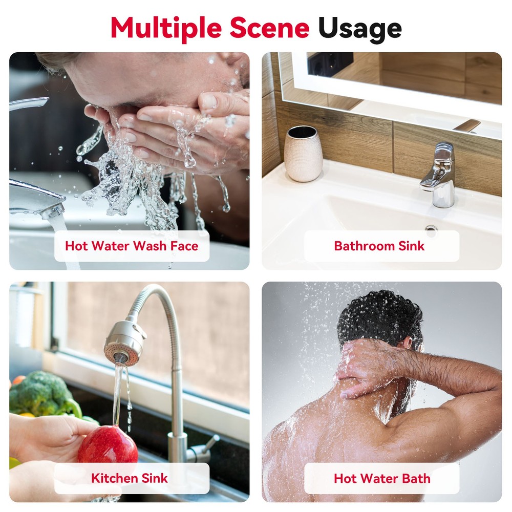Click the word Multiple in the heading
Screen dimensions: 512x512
pyautogui.click(x=166, y=29)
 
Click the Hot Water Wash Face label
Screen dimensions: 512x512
pyautogui.click(x=132, y=246)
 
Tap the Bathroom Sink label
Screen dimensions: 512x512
pyautogui.click(x=379, y=246)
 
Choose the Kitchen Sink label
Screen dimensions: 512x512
pyautogui.click(x=130, y=478)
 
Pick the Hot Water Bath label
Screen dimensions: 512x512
pyautogui.click(x=382, y=478)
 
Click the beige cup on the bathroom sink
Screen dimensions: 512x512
pyautogui.click(x=303, y=154)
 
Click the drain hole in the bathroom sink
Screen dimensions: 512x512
pyautogui.click(x=431, y=228)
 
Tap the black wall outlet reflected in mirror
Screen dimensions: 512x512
pyautogui.click(x=330, y=64)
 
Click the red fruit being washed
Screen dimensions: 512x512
pyautogui.click(x=108, y=445)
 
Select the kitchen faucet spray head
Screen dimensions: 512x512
pyautogui.click(x=124, y=343)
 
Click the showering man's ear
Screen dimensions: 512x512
pyautogui.click(x=408, y=343)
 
